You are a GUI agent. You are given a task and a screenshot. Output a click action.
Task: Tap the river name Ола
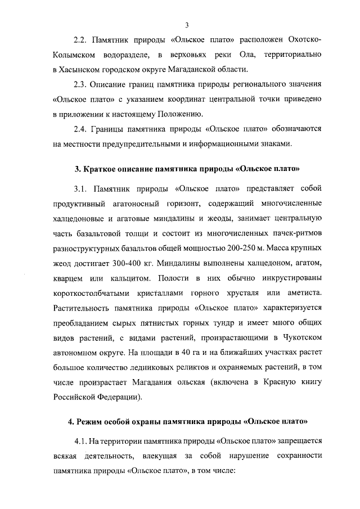(x=250, y=55)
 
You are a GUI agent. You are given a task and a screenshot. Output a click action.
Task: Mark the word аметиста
(x=303, y=293)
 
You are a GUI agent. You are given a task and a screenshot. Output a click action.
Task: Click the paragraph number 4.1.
(x=82, y=440)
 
